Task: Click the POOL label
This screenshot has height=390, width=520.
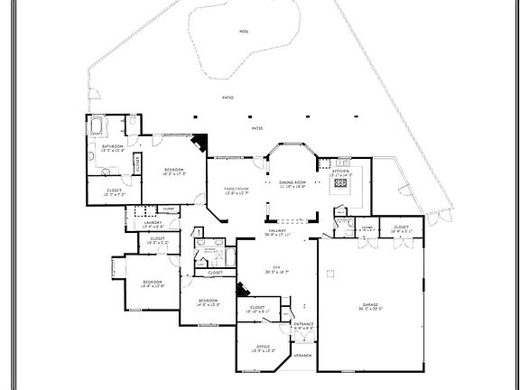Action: coord(244,30)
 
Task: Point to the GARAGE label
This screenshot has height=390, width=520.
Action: coord(372,304)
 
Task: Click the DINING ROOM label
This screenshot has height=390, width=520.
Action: coord(292,181)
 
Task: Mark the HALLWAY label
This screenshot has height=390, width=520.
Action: coord(276,232)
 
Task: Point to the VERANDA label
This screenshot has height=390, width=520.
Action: coord(302,355)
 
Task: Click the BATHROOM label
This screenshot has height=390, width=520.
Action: coord(112,145)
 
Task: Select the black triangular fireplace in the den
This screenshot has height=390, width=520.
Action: coord(241,291)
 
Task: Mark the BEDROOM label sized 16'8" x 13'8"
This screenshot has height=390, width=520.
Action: coord(152,282)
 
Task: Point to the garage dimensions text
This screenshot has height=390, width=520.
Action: coord(372,310)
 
